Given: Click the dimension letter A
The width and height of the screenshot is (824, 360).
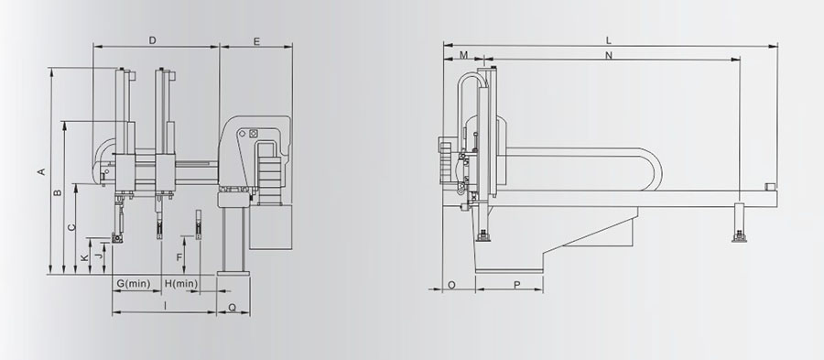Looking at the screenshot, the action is (x=41, y=172).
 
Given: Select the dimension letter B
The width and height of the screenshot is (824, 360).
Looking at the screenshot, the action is (x=59, y=192).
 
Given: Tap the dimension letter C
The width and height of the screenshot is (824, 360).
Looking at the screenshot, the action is (x=72, y=227).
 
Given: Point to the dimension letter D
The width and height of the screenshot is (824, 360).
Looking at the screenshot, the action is (x=152, y=40).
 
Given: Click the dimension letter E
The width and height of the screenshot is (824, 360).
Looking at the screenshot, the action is (x=256, y=41).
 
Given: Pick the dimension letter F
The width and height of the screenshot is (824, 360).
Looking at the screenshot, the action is (x=179, y=257).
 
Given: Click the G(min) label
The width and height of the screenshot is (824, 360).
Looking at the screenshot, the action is (x=134, y=284).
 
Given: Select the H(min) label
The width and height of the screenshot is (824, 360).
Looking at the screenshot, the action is (x=181, y=284).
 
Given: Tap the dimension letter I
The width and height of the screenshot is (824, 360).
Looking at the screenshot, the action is (x=165, y=305).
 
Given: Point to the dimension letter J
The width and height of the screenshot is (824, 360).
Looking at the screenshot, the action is (x=98, y=256).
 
